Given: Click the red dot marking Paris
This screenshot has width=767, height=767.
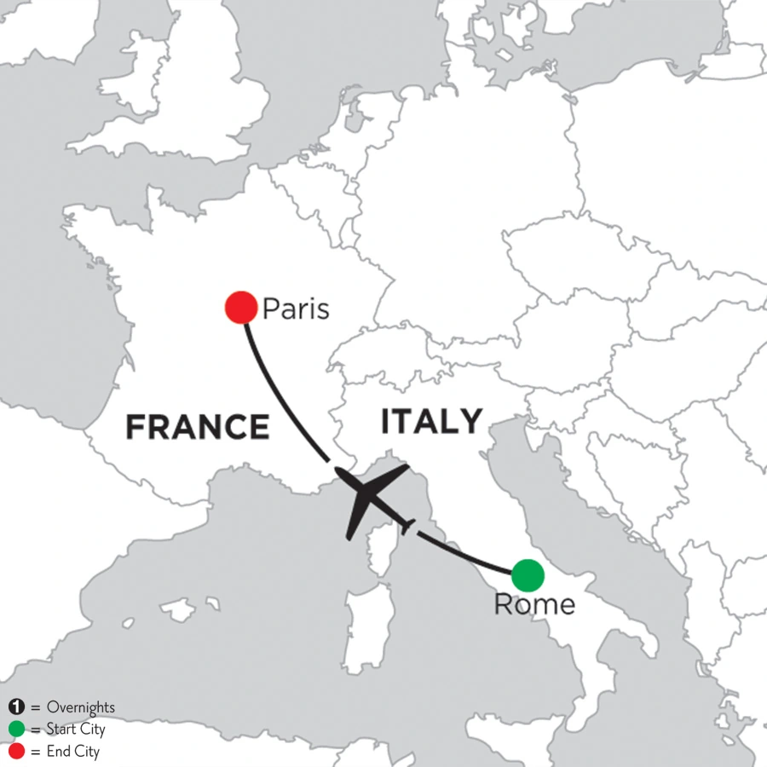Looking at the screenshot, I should pos(240,307).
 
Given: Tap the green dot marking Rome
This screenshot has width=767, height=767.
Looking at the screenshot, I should pos(528,575).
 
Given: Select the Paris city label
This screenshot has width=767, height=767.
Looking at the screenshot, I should pos(295,308).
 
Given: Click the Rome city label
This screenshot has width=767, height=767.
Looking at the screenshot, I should pos(533,606).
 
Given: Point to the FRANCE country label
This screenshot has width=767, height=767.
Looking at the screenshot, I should pos(198,426).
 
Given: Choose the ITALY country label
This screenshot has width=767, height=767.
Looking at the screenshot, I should pos(431,421).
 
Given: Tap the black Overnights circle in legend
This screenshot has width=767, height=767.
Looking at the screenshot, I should pos(15,707).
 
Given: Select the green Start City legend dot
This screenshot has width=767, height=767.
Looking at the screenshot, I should pos(15,730).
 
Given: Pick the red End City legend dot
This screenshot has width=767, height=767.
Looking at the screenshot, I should pos(15,752).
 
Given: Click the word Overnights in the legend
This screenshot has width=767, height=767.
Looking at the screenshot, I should pos(81,707).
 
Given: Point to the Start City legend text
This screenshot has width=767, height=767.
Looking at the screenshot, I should pos(76,730).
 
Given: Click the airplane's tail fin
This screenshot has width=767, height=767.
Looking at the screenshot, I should pos(407,526).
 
